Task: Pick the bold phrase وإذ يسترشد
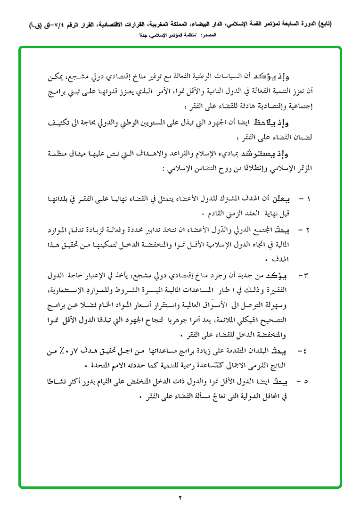[x=283, y=154]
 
